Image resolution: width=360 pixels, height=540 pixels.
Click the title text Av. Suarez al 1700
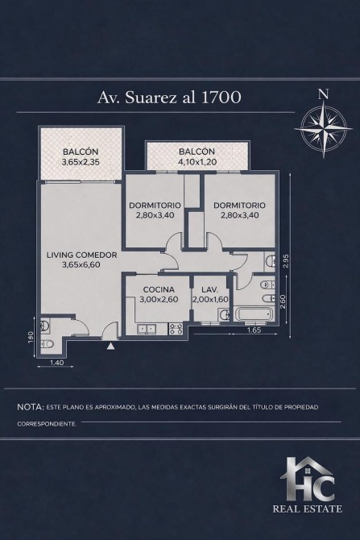click(169, 98)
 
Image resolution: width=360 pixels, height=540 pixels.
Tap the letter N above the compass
click(323, 94)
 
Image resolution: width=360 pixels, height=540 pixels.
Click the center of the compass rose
click(323, 129)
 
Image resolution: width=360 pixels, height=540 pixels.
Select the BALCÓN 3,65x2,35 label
click(81, 156)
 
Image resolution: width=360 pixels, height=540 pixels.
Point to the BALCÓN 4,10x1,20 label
click(197, 156)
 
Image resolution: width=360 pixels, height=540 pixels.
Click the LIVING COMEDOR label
click(81, 255)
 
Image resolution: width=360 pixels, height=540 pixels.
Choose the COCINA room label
click(159, 289)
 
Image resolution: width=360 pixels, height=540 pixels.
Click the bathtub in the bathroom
click(254, 314)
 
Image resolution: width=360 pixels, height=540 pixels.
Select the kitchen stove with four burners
click(176, 329)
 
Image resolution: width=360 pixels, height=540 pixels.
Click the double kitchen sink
click(147, 329)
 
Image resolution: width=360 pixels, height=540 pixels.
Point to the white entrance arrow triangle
click(110, 347)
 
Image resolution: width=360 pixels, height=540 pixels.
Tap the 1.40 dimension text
click(57, 362)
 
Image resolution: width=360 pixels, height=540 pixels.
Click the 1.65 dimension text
click(254, 330)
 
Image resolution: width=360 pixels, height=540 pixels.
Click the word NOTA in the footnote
click(31, 407)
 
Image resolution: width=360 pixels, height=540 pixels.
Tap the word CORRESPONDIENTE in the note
click(47, 424)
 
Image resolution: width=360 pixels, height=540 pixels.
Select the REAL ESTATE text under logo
click(308, 509)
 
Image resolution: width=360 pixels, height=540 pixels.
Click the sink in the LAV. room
click(224, 314)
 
